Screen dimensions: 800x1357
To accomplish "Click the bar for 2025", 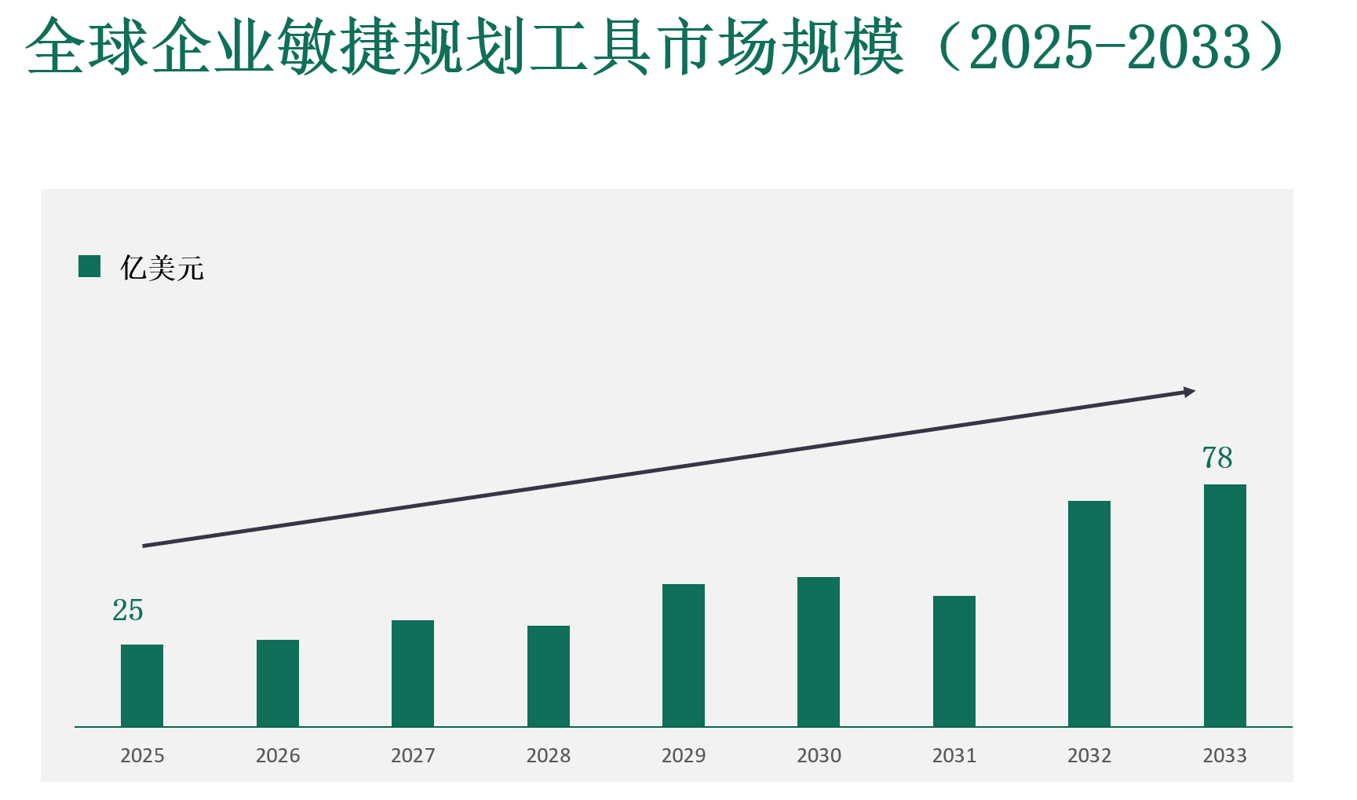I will point(142,685).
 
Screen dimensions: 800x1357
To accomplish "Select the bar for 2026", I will point(278,683).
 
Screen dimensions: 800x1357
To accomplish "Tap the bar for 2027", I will point(413,674).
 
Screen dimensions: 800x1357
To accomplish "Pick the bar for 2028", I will point(549,676).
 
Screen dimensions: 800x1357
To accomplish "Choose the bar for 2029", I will point(684,656).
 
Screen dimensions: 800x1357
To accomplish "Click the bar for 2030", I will point(819,652).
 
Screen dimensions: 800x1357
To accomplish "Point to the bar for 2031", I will point(954,661).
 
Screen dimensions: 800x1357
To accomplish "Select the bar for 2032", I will point(1089,614).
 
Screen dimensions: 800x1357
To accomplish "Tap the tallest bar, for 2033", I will point(1225,605).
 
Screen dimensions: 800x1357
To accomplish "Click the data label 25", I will point(128,611).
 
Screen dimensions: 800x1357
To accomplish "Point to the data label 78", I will point(1217,458).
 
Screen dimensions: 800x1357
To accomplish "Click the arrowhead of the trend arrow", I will point(1189,392).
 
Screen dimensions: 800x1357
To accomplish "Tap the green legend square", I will point(89,266).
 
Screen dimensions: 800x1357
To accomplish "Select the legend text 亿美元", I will point(162,268).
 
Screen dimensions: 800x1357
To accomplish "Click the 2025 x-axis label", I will point(142,755).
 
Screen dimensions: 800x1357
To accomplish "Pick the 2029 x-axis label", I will point(684,755).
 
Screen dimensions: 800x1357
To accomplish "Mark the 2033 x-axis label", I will point(1225,755).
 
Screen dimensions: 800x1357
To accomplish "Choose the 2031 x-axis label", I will point(954,755).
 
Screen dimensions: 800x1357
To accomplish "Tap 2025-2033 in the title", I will point(1110,47).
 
